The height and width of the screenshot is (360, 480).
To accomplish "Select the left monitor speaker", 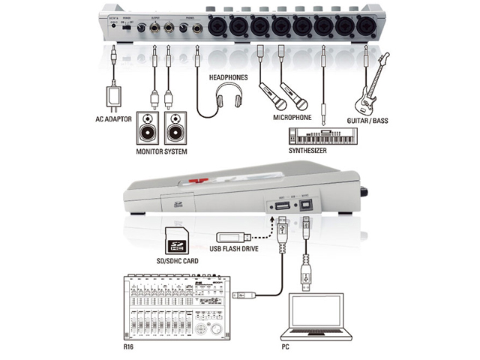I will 148,128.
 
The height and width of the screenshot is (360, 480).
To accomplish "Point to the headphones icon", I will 225,98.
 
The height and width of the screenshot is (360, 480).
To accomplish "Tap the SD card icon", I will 177,239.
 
